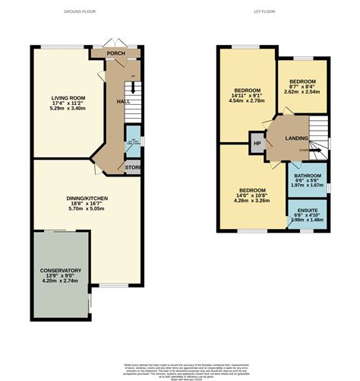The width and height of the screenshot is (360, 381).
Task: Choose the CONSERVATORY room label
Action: [61, 271]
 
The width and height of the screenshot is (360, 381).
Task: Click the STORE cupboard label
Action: [132, 167]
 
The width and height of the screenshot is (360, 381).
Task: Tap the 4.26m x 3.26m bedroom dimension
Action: [252, 203]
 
